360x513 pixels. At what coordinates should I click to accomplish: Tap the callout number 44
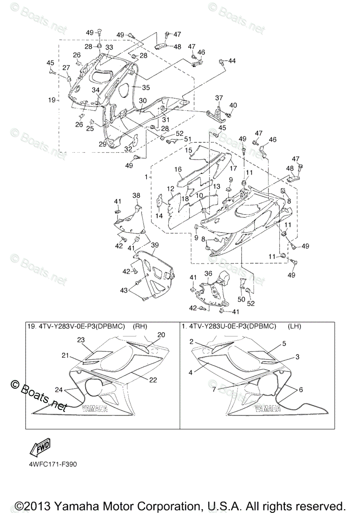coord(231,61)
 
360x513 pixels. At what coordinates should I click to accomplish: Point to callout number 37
coord(219,98)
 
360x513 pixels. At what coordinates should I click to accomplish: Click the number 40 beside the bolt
coord(233,105)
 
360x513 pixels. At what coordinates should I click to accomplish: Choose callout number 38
coord(136,195)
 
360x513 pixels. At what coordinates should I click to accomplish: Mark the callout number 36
coord(208,273)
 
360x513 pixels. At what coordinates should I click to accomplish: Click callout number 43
coord(124,291)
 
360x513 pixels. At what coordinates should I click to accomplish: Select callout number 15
coord(189,150)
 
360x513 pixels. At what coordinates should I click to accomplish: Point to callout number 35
coord(146,87)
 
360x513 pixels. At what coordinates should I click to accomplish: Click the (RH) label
coord(140,327)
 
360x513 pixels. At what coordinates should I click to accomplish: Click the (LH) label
coord(295,327)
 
